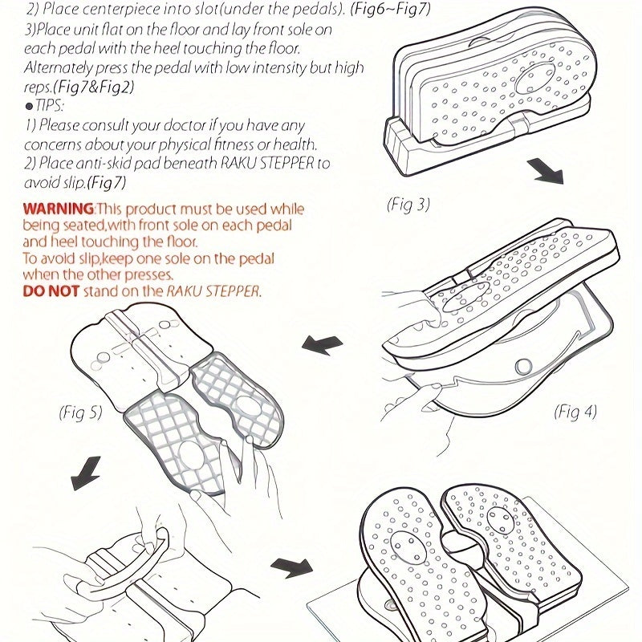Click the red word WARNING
coord(59,209)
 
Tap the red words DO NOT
coord(51,291)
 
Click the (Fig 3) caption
coord(408,205)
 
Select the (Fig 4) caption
coord(575,412)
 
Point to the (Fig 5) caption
coord(80,412)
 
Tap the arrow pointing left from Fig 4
coord(322,345)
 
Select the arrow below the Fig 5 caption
coord(86,473)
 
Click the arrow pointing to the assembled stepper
coord(291,567)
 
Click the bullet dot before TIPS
coord(29,107)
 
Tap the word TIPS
coord(49,106)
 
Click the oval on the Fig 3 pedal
coord(534,78)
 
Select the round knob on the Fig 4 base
coord(523,367)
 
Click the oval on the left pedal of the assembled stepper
coord(408,548)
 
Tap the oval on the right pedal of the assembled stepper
coord(499,519)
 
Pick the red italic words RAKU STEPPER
coord(213,291)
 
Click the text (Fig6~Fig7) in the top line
coord(390,9)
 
